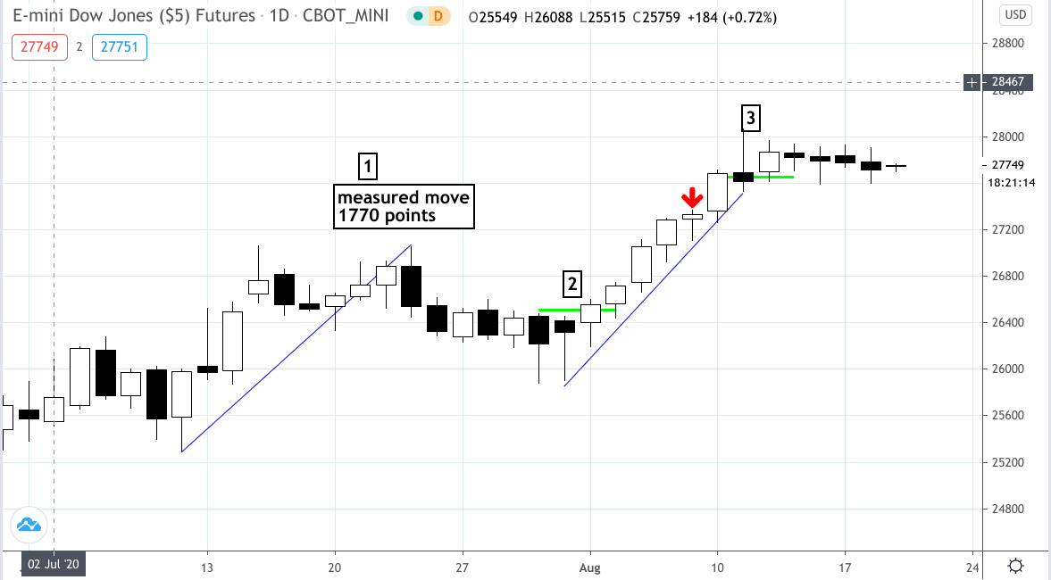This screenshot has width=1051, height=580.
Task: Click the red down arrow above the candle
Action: tap(691, 198)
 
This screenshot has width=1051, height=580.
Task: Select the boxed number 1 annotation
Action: tap(368, 166)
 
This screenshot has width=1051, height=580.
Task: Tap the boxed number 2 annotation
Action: tap(571, 285)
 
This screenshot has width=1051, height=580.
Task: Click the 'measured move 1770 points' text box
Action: tap(404, 207)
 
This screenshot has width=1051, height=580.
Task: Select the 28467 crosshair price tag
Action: tap(1010, 82)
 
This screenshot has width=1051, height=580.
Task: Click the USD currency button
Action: tap(1015, 14)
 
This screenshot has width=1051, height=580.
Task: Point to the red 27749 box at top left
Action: tap(39, 46)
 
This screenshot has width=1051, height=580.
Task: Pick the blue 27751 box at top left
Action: tap(119, 46)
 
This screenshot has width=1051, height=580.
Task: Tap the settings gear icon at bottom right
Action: tap(1015, 567)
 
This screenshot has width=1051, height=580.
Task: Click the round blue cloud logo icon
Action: tap(29, 526)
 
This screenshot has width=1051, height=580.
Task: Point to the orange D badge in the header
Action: tap(438, 16)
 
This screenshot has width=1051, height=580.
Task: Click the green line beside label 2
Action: tap(575, 311)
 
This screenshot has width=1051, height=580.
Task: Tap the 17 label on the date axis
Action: tap(845, 568)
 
